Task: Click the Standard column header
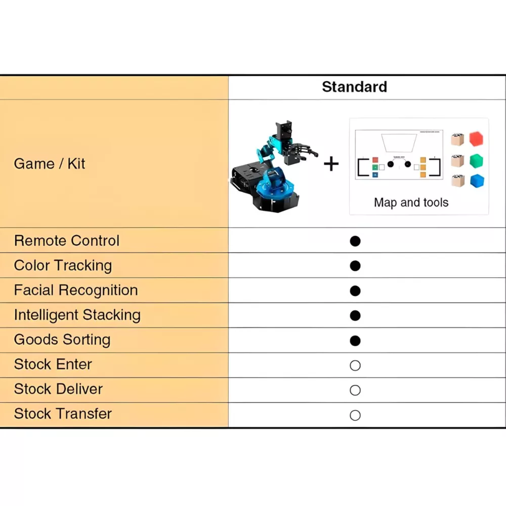tap(354, 87)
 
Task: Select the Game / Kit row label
tap(50, 163)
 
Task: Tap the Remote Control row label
tap(67, 240)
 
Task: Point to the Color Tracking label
tap(63, 265)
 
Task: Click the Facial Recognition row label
tap(76, 290)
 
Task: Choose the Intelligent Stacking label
tap(77, 315)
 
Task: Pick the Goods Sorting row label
tap(62, 340)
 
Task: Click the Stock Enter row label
tap(53, 364)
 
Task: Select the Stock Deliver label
tap(58, 389)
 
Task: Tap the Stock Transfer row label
tap(63, 414)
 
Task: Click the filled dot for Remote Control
tap(355, 241)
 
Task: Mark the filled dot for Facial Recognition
tap(355, 290)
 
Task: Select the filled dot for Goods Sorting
tap(355, 341)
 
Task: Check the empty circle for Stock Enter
tap(355, 365)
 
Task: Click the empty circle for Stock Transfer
tap(355, 415)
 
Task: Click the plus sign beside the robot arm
tap(331, 163)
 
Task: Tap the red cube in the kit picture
tap(476, 139)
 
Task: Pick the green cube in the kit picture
tap(476, 161)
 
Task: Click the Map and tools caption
tap(411, 203)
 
